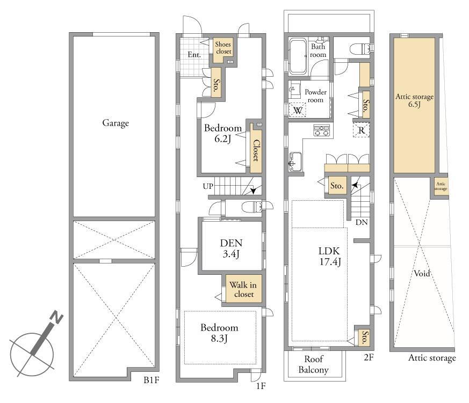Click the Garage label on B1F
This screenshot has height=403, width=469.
(x=116, y=123)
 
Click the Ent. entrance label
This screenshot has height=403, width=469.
(x=194, y=55)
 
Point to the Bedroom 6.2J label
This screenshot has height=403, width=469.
(x=223, y=133)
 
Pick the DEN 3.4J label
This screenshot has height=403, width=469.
(x=231, y=248)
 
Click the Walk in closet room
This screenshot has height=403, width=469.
(x=243, y=289)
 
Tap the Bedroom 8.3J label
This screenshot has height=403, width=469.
(x=219, y=333)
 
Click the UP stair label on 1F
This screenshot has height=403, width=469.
(x=208, y=186)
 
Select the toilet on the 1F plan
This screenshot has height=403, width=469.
(x=252, y=206)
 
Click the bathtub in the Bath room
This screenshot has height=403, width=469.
(x=297, y=56)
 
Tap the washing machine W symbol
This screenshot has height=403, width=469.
(x=298, y=110)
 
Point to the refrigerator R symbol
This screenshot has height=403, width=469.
(x=362, y=130)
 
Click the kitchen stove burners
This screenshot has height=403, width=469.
(x=322, y=130)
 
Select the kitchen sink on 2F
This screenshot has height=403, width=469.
(x=295, y=162)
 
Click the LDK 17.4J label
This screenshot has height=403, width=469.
(x=330, y=257)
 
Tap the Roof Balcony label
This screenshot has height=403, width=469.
(x=314, y=364)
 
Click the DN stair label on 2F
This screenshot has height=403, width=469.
(x=362, y=222)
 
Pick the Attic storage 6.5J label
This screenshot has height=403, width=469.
(x=415, y=100)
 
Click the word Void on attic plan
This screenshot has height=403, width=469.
(x=422, y=273)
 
